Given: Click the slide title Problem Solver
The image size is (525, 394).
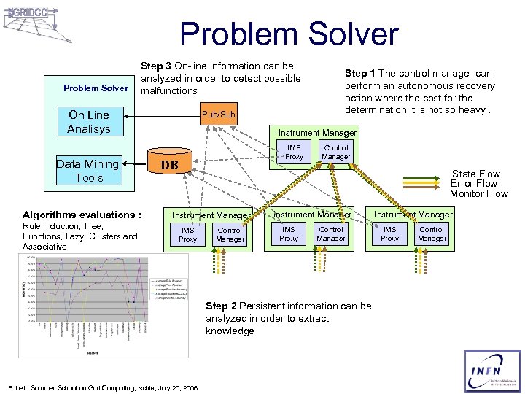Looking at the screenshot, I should pyautogui.click(x=289, y=34).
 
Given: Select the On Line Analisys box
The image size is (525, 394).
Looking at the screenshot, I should pyautogui.click(x=88, y=122).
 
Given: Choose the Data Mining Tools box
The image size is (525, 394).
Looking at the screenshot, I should pyautogui.click(x=87, y=171).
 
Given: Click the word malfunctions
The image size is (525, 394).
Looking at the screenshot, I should pyautogui.click(x=169, y=91).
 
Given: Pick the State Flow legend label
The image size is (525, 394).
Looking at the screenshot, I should pyautogui.click(x=475, y=174).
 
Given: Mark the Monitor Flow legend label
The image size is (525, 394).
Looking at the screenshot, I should pyautogui.click(x=478, y=193).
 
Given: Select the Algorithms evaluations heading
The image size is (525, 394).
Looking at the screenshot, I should pyautogui.click(x=81, y=215).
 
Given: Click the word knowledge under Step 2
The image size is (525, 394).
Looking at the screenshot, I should pyautogui.click(x=230, y=331).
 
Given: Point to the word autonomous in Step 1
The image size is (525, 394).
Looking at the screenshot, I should pyautogui.click(x=416, y=85).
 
